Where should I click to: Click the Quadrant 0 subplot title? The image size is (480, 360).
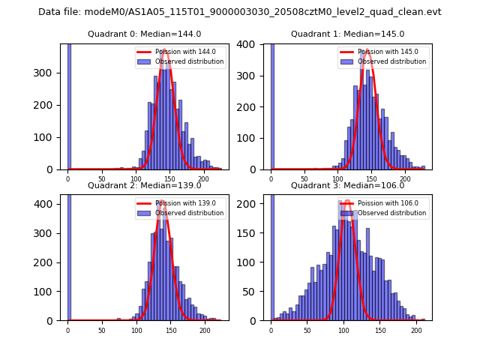tap(144, 34)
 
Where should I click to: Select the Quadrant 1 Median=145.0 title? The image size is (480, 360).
tap(347, 34)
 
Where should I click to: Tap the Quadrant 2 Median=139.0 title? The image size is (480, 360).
tap(144, 185)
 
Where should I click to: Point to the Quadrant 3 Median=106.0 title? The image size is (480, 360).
tap(347, 185)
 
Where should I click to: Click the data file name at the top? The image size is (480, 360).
tap(240, 12)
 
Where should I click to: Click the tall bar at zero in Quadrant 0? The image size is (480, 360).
tap(68, 105)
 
